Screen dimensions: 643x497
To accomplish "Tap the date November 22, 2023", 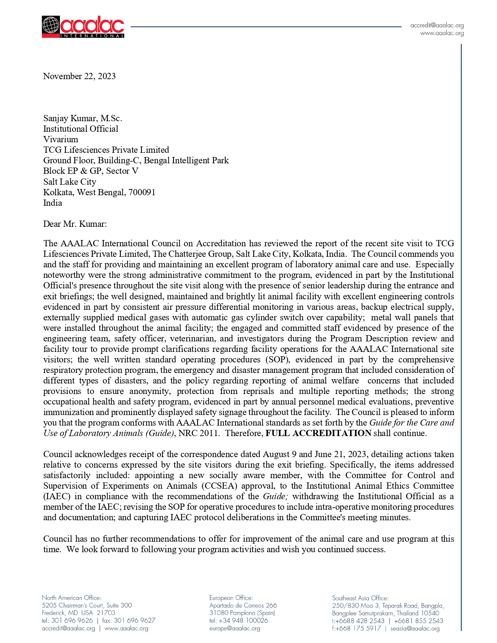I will [x=79, y=76].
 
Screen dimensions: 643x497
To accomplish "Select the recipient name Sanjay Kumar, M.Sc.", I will [x=83, y=118].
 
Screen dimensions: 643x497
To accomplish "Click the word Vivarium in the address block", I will [x=60, y=139].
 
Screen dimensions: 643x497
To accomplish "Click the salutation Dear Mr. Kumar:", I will [x=75, y=224].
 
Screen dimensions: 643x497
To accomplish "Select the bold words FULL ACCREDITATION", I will [x=318, y=433].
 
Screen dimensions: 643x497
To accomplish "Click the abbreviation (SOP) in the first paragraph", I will [x=277, y=359].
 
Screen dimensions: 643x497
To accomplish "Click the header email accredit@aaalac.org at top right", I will [x=437, y=25].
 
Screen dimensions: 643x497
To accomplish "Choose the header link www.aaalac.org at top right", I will [x=442, y=33].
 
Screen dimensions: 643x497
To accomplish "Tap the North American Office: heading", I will [x=71, y=597].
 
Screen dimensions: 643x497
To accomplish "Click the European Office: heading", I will [x=231, y=597].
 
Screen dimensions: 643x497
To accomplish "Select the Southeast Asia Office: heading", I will [x=360, y=598].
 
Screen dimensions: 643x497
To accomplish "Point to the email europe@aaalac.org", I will [x=234, y=628].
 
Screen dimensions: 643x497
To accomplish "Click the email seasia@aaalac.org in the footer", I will [x=415, y=628].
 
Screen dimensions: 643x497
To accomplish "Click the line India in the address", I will [x=53, y=203].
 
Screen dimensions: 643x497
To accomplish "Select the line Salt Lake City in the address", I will [x=69, y=182].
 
